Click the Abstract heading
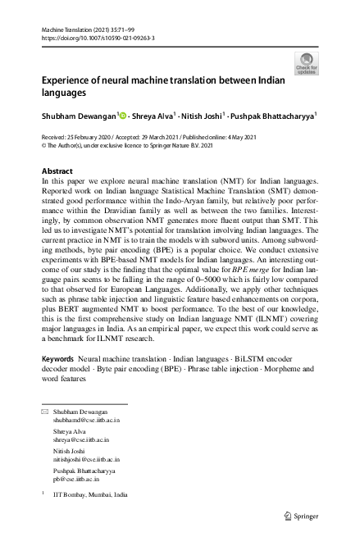(x=56, y=170)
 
